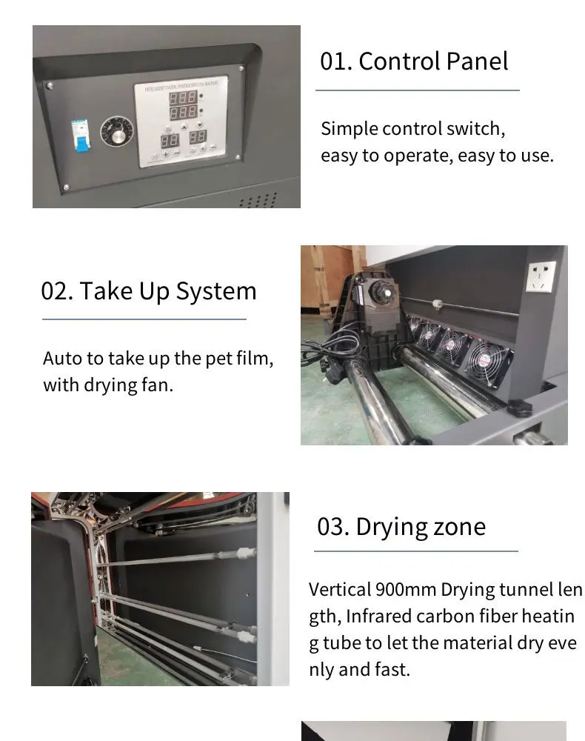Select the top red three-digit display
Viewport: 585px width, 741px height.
click(x=183, y=97)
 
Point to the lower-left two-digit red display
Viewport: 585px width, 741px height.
click(x=170, y=139)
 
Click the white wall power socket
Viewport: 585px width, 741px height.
click(x=541, y=276)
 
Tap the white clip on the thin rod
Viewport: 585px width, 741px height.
click(x=438, y=304)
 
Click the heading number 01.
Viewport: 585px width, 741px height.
click(x=335, y=61)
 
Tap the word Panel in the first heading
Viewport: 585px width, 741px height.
click(x=476, y=61)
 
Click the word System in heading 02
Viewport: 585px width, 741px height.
click(x=216, y=291)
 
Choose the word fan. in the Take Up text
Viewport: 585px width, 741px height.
click(x=156, y=385)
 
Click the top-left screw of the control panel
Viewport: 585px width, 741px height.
click(x=50, y=86)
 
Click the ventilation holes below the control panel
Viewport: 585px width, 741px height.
click(x=258, y=200)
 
